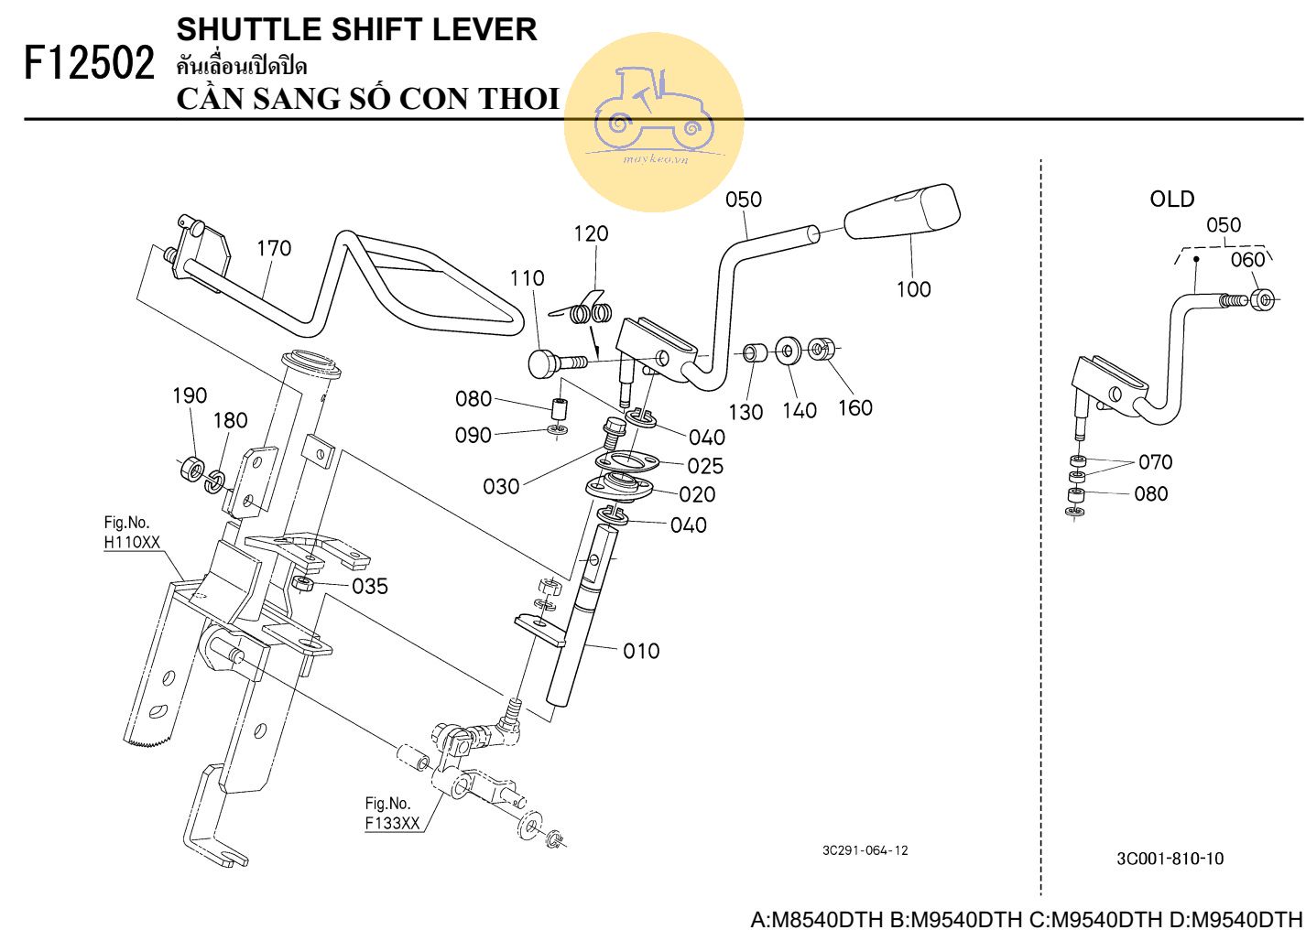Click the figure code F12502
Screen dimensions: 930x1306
(x=89, y=64)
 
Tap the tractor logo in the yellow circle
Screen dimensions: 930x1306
(x=653, y=111)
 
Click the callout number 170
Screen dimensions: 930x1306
(x=274, y=248)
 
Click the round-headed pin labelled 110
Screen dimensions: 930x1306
(x=544, y=362)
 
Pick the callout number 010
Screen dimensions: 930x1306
(x=641, y=651)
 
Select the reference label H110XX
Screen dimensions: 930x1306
(x=132, y=542)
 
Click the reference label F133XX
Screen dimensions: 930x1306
(x=392, y=822)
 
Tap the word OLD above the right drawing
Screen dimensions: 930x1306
(x=1171, y=199)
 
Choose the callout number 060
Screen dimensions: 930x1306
(x=1247, y=260)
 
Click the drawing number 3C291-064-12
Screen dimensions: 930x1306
(x=865, y=850)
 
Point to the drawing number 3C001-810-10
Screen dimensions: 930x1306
(x=1170, y=859)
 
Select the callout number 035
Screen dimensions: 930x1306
(x=370, y=586)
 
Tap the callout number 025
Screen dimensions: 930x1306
(x=705, y=466)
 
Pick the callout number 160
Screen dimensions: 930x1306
(x=854, y=407)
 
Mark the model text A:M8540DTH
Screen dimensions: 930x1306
(x=817, y=918)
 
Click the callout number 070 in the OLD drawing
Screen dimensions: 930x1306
(x=1155, y=461)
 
